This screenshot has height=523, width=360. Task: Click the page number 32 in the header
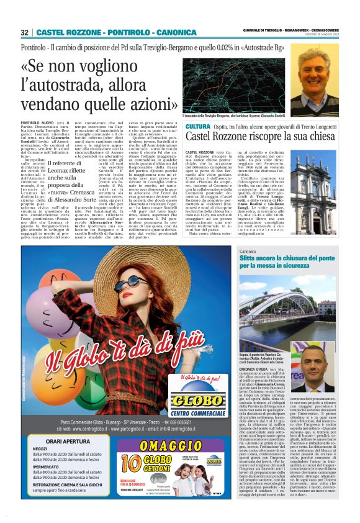click(25, 32)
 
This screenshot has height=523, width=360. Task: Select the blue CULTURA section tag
click(198, 126)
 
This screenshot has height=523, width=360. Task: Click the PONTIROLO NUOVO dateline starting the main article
click(38, 124)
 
